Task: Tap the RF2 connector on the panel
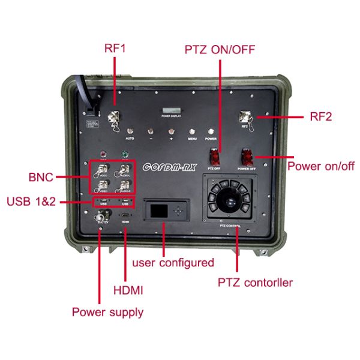tap(245, 117)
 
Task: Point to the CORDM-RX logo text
tap(170, 167)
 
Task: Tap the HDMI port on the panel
tap(125, 215)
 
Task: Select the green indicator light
tap(125, 154)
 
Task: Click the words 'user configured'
tap(173, 262)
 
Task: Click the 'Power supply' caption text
tap(107, 312)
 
